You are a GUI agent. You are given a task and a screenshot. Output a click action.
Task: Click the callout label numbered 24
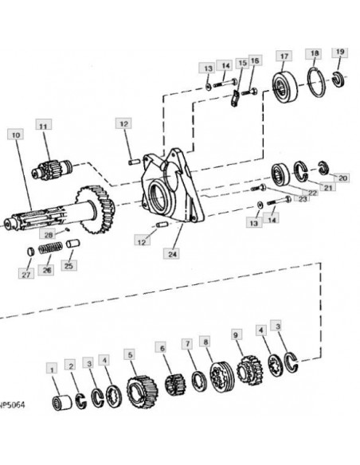point(172,254)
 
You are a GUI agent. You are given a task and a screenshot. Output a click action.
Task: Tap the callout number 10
point(16,135)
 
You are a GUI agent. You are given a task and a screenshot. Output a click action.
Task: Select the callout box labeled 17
point(284,56)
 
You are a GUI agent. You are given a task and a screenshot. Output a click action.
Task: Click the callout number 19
point(340,52)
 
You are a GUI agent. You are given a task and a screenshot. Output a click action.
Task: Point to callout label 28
point(49,235)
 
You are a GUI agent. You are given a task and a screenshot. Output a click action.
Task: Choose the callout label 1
point(52,369)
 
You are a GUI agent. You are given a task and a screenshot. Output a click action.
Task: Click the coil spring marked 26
point(50,248)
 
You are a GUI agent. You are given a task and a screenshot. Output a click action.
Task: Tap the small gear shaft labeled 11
point(52,170)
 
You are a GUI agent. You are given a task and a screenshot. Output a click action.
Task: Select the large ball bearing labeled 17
point(284,86)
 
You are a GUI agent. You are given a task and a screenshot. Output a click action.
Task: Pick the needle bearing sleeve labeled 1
point(62,403)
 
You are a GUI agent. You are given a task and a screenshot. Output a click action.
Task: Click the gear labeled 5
point(143,392)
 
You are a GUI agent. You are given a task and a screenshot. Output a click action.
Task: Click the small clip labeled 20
point(323,168)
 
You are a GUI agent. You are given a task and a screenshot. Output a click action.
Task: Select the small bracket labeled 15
point(235,99)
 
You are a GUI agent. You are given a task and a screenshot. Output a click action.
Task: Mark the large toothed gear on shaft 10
point(96,209)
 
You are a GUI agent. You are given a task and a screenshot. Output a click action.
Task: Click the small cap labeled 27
point(30,252)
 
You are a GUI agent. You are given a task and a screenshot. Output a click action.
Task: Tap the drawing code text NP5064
point(12,404)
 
